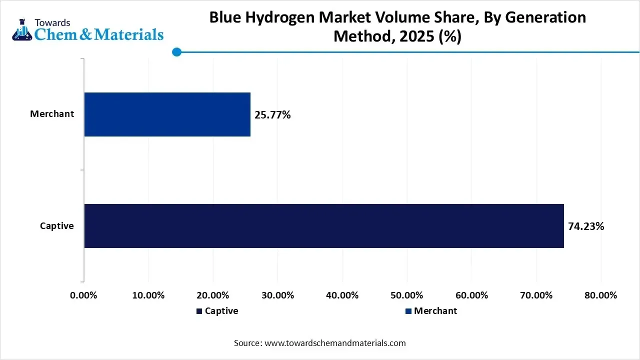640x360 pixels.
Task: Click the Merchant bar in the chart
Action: click(x=167, y=114)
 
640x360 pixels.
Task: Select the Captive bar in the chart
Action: click(x=323, y=225)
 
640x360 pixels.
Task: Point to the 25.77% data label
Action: click(x=272, y=115)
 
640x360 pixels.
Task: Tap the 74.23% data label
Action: click(x=586, y=226)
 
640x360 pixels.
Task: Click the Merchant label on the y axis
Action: click(x=52, y=114)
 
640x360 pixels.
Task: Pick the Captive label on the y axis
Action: click(x=57, y=226)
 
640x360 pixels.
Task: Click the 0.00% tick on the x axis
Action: click(x=83, y=295)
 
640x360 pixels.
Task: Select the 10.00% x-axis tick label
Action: click(x=148, y=295)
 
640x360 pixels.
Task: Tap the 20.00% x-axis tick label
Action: click(x=213, y=295)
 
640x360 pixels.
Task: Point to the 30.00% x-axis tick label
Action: click(x=278, y=295)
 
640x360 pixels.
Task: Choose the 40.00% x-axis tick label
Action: click(x=342, y=295)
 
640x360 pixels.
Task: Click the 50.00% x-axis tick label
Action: click(x=407, y=295)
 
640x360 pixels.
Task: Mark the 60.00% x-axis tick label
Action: click(x=472, y=295)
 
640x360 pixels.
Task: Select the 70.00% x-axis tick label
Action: click(x=536, y=295)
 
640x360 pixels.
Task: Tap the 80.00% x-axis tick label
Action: click(x=601, y=295)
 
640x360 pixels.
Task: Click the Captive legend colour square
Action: click(x=199, y=311)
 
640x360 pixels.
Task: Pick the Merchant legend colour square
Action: click(x=408, y=311)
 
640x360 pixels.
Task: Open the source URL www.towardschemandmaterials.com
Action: click(x=335, y=343)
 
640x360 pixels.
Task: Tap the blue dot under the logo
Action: click(x=176, y=52)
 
